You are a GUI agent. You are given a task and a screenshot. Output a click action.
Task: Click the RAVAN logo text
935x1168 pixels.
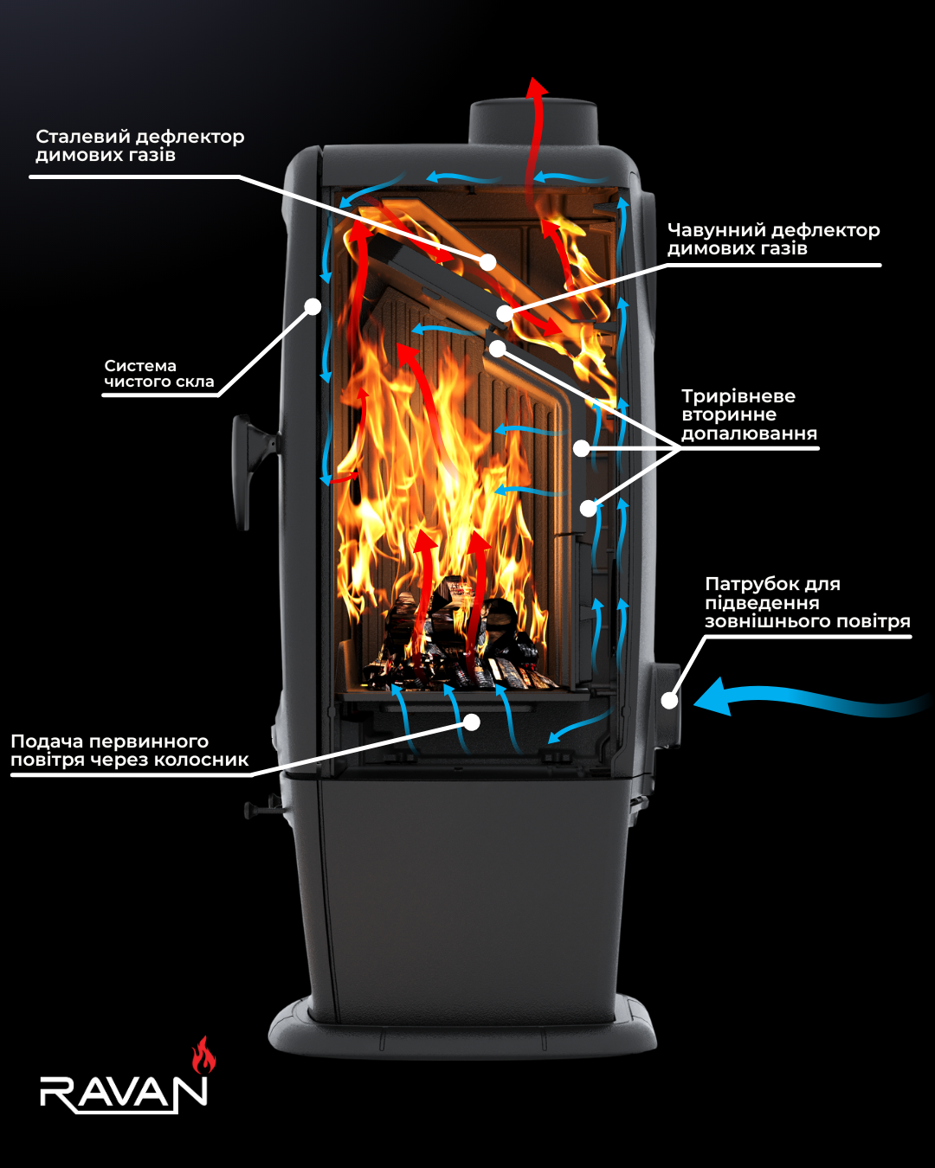pyautogui.click(x=124, y=1091)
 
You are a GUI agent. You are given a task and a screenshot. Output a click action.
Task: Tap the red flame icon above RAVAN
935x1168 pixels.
pyautogui.click(x=203, y=1055)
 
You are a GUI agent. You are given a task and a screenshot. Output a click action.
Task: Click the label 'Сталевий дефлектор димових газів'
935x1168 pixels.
pyautogui.click(x=139, y=145)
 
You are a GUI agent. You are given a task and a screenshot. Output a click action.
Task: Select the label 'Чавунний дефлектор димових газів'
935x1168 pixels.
pyautogui.click(x=774, y=239)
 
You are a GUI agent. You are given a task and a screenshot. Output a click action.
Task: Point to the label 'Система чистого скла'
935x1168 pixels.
pyautogui.click(x=159, y=374)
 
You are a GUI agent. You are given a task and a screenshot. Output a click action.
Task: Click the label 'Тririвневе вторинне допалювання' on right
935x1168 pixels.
pyautogui.click(x=749, y=414)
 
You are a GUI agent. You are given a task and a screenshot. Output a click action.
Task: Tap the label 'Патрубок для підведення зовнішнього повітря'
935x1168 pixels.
pyautogui.click(x=808, y=602)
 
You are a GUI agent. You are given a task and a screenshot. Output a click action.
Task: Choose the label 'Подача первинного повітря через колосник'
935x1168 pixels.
pyautogui.click(x=129, y=750)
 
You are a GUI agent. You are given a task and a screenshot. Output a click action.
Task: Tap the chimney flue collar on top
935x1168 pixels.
pyautogui.click(x=533, y=123)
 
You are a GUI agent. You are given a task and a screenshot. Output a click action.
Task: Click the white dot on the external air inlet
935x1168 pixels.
pyautogui.click(x=669, y=700)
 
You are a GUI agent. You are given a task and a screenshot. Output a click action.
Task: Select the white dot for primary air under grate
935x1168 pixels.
pyautogui.click(x=472, y=722)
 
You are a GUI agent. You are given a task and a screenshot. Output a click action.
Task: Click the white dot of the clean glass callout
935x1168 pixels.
pyautogui.click(x=313, y=306)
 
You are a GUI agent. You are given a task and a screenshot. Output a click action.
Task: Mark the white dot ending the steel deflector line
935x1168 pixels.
pyautogui.click(x=488, y=262)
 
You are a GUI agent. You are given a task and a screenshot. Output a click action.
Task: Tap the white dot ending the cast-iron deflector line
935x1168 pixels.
pyautogui.click(x=504, y=313)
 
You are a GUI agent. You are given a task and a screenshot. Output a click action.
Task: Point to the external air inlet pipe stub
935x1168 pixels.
pyautogui.click(x=667, y=706)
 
